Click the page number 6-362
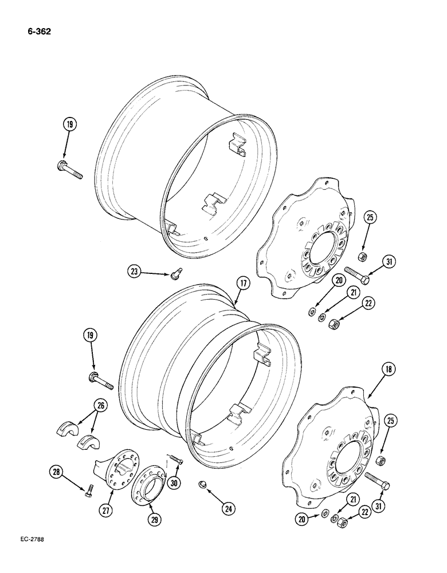click(38, 32)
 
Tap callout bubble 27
click(107, 511)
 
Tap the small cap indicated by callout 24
click(204, 485)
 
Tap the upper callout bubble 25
click(371, 217)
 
